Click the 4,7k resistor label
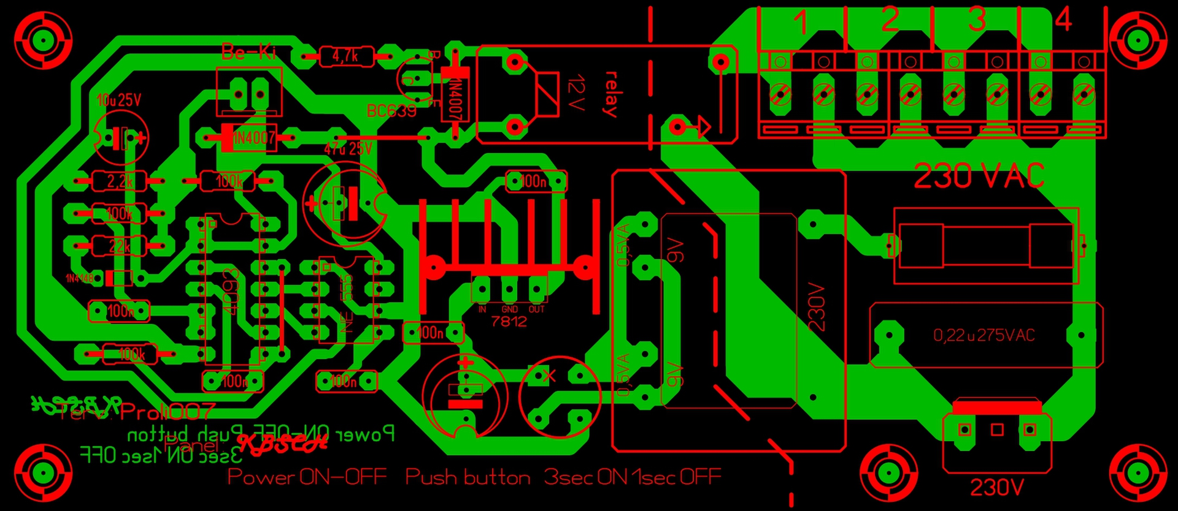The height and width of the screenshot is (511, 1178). point(345,57)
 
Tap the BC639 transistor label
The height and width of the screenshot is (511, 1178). point(391,111)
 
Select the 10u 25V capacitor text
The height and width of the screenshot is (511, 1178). point(118,100)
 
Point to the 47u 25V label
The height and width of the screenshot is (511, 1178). point(348,148)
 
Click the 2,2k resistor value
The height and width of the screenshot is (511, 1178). point(120,181)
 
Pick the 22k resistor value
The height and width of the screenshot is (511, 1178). point(120,246)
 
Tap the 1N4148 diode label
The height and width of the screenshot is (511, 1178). point(80,279)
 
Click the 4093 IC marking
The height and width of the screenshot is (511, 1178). point(231,291)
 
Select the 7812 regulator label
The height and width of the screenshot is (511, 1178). point(509,321)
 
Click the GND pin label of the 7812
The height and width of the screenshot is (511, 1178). point(509,309)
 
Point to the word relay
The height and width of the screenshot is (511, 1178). point(610,94)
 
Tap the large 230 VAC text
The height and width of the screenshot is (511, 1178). point(979,176)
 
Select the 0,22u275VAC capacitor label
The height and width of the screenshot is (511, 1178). point(984,335)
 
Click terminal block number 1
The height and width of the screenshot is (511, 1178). point(801,23)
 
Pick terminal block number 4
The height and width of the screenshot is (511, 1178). point(1063,20)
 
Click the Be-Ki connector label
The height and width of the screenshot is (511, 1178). point(248,53)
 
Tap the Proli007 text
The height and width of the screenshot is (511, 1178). point(168,412)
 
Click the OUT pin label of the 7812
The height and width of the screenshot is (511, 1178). point(536,309)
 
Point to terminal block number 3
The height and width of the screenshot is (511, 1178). point(977,20)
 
